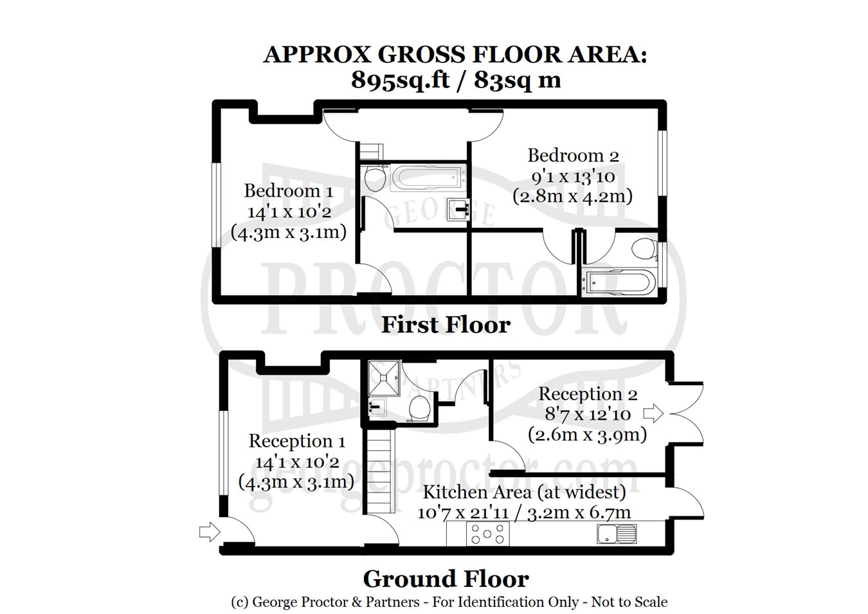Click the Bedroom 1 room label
click(288, 191)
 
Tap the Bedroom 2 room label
click(573, 156)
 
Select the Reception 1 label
click(296, 441)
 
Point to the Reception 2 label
click(588, 394)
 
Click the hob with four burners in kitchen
click(487, 534)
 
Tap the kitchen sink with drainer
click(617, 534)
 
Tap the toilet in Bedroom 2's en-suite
click(644, 248)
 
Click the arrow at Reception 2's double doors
click(653, 413)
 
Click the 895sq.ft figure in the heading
click(401, 80)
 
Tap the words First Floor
click(446, 325)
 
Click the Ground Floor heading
click(446, 579)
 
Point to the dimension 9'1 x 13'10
click(573, 176)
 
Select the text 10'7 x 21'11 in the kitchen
click(463, 512)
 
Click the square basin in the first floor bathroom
click(458, 210)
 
